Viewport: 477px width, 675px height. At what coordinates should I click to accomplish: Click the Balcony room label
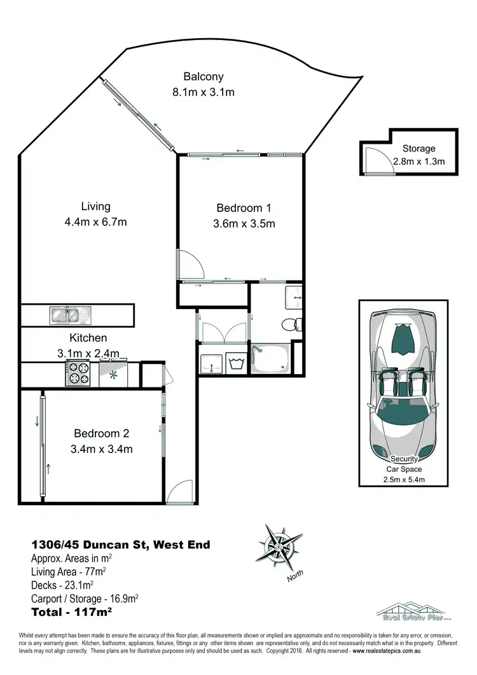point(204,77)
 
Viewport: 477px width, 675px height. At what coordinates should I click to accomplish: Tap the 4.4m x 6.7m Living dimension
point(95,222)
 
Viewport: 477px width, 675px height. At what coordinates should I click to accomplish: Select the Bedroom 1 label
point(244,208)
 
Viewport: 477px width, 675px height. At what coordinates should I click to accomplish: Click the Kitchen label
point(88,338)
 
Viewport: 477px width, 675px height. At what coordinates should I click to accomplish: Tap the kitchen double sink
point(71,314)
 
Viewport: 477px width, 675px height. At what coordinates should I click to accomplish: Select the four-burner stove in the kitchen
point(79,373)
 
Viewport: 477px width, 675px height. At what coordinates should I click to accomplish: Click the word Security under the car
point(404,459)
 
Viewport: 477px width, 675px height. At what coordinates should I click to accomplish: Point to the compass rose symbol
point(279,546)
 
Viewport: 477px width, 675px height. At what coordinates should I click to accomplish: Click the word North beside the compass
point(295,576)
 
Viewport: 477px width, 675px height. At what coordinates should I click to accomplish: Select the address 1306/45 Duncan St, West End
point(121,545)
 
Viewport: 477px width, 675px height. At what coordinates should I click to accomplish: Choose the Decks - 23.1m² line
point(62,585)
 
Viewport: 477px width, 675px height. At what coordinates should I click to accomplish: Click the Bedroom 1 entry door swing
point(190,264)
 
